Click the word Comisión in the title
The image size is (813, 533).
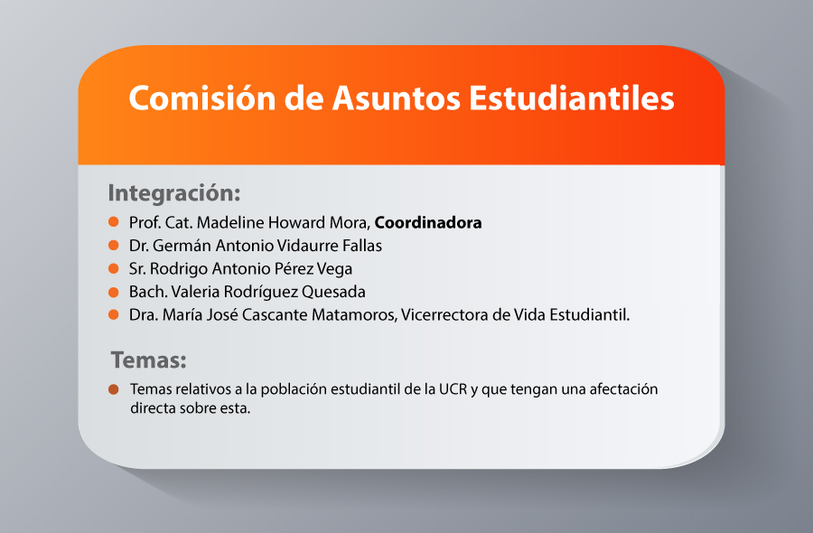(202, 98)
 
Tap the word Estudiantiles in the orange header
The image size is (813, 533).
(572, 98)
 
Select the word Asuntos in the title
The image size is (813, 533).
(397, 98)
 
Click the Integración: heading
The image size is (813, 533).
(174, 193)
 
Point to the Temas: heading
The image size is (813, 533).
(149, 360)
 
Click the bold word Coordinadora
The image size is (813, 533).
(428, 222)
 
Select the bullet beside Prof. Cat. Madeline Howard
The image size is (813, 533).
(114, 222)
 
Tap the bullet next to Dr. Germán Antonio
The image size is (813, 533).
(114, 245)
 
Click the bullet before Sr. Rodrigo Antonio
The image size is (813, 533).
(114, 268)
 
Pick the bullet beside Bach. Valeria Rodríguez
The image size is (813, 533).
(114, 292)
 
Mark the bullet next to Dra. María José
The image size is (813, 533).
(114, 314)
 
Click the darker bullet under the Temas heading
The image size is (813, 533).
(114, 388)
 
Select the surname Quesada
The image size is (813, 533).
(333, 292)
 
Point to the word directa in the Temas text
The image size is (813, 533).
(151, 408)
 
